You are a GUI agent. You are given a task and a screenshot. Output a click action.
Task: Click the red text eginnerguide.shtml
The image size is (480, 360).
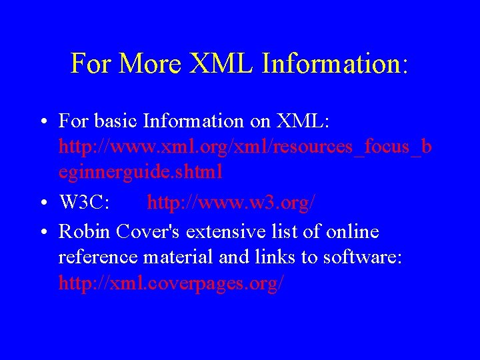pyautogui.click(x=141, y=172)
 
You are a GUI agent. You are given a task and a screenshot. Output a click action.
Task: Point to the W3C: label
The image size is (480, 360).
pyautogui.click(x=85, y=203)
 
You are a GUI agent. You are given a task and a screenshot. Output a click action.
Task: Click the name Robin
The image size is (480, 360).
pyautogui.click(x=85, y=232)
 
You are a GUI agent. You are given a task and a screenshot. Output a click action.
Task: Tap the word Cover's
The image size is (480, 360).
pyautogui.click(x=151, y=232)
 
